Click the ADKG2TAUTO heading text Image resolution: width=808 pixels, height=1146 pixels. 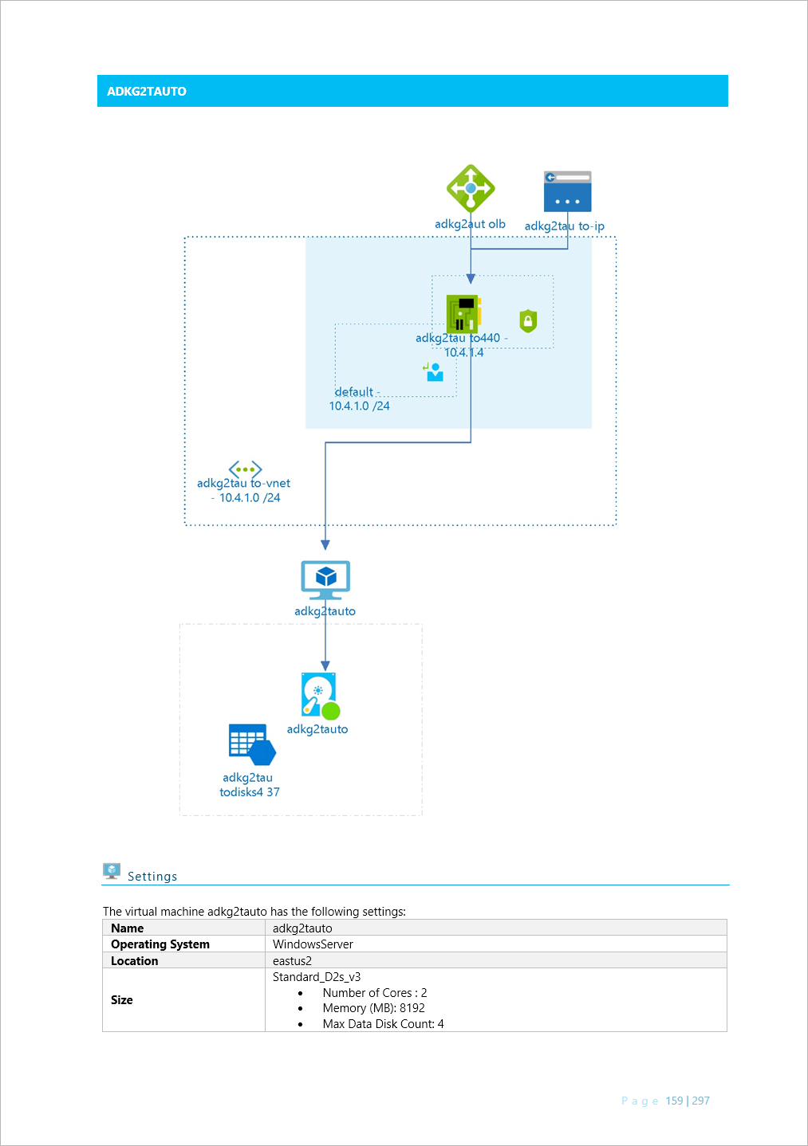click(147, 92)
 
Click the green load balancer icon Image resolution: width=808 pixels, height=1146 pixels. click(471, 189)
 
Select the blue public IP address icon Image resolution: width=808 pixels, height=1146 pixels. click(567, 191)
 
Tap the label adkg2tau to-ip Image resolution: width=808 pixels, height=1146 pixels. click(564, 226)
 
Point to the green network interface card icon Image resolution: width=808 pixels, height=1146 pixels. click(463, 313)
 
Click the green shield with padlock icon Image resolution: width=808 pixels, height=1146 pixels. click(528, 320)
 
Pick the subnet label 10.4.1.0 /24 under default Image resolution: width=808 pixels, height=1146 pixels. click(359, 406)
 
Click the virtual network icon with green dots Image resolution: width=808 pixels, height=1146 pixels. click(245, 469)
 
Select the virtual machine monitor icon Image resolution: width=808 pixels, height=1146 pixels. click(325, 579)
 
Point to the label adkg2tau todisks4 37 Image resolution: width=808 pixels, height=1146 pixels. click(249, 785)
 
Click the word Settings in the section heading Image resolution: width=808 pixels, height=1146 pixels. click(152, 877)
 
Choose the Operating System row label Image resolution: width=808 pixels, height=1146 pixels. click(160, 944)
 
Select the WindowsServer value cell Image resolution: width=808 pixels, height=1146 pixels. click(313, 944)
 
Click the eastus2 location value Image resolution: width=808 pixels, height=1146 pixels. click(292, 961)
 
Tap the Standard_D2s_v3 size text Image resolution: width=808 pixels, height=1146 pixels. click(317, 977)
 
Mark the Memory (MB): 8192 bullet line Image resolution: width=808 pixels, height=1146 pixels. click(373, 1008)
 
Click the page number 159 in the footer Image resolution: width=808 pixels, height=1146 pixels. click(674, 1101)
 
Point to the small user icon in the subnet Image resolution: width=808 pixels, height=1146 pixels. click(434, 372)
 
